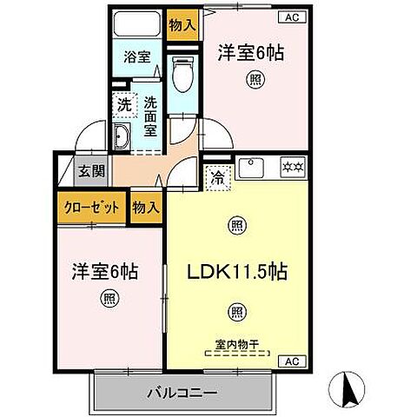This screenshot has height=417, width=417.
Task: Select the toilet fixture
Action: (x=182, y=76)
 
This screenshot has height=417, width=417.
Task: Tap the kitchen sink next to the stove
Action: (x=252, y=165)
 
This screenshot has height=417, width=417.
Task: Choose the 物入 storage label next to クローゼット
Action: (x=145, y=208)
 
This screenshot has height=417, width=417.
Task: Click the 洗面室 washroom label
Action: (x=149, y=112)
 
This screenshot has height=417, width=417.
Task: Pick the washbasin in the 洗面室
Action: (x=122, y=136)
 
